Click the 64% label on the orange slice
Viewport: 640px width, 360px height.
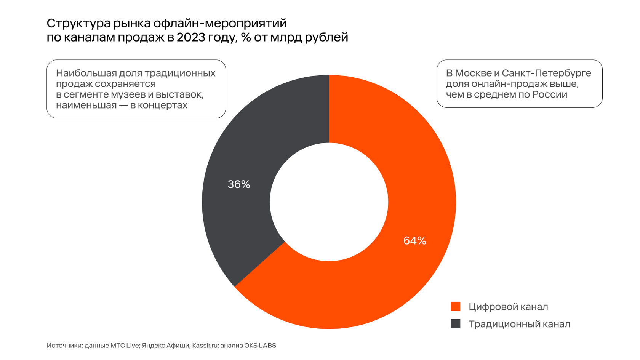click(414, 241)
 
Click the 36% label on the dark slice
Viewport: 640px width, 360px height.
click(239, 184)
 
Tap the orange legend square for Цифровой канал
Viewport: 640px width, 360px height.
click(456, 306)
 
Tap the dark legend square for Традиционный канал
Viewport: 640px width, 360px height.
click(456, 324)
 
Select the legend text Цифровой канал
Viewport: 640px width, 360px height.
click(508, 307)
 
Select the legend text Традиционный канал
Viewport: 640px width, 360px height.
click(519, 324)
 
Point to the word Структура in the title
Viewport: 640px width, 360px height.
click(78, 24)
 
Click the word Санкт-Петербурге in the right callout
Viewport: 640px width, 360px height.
click(546, 73)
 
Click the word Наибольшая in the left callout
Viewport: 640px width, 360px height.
click(86, 73)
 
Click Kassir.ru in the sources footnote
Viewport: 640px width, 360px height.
click(205, 346)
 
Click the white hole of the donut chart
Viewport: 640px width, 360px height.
click(329, 202)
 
